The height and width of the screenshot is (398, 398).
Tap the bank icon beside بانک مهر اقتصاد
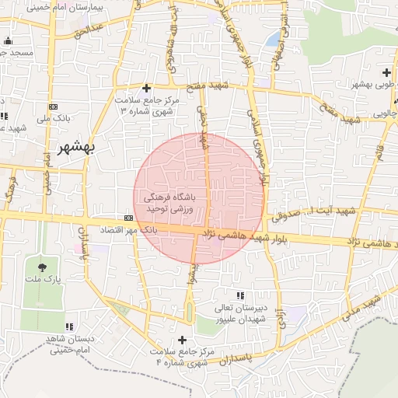pyautogui.click(x=128, y=218)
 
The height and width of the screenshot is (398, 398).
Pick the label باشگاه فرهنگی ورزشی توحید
pyautogui.click(x=180, y=204)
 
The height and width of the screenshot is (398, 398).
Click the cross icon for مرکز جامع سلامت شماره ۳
pyautogui.click(x=147, y=88)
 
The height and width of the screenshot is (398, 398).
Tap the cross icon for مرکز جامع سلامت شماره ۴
pyautogui.click(x=183, y=340)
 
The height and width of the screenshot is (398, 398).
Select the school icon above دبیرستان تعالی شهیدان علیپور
pyautogui.click(x=240, y=295)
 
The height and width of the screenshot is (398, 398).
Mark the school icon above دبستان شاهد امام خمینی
pyautogui.click(x=69, y=327)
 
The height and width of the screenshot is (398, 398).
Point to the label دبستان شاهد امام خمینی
pyautogui.click(x=70, y=344)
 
